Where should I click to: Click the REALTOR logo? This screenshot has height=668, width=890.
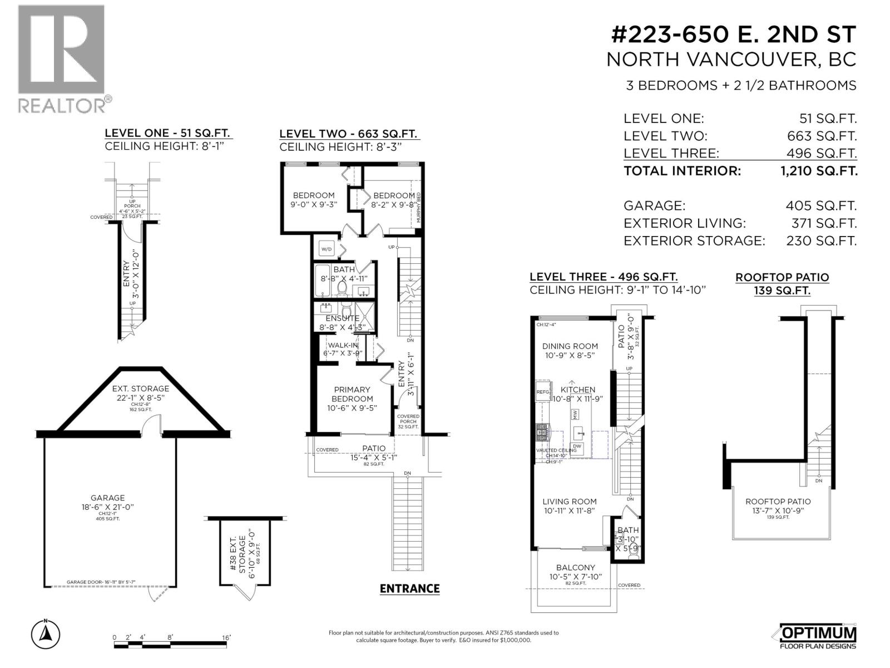[x=61, y=58]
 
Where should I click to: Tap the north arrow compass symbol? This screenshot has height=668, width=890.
[x=46, y=634]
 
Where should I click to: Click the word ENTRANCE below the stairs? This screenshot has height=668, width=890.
[x=409, y=588]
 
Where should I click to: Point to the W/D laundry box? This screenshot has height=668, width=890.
[x=326, y=249]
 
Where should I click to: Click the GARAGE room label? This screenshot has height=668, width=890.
[x=108, y=498]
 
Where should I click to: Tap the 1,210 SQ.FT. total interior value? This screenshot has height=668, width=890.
[x=819, y=171]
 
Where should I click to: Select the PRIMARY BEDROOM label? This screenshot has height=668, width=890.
[x=352, y=394]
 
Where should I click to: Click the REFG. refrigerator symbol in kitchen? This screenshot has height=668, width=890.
[x=543, y=392]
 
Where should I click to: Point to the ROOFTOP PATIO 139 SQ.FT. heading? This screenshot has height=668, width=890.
[x=782, y=283]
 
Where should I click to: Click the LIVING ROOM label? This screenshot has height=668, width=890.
[x=570, y=502]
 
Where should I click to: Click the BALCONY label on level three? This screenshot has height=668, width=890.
[x=576, y=567]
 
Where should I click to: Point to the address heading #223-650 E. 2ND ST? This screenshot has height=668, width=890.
[x=733, y=35]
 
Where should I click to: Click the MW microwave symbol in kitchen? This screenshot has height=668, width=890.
[x=575, y=414]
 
